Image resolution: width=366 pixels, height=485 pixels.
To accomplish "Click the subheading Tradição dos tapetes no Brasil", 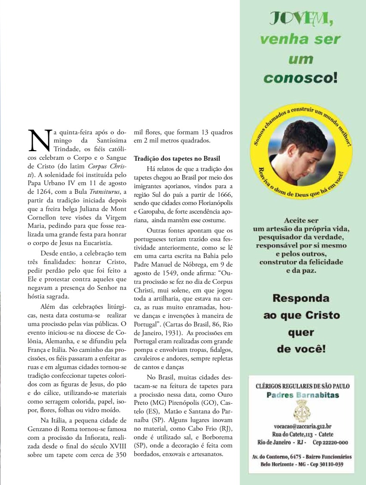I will click(x=177, y=158).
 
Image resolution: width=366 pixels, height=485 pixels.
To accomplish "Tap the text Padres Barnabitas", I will click(x=302, y=395).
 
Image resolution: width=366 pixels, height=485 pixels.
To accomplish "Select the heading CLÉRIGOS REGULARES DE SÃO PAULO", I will click(x=303, y=386).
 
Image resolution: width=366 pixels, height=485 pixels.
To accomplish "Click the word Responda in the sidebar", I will click(x=301, y=298).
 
